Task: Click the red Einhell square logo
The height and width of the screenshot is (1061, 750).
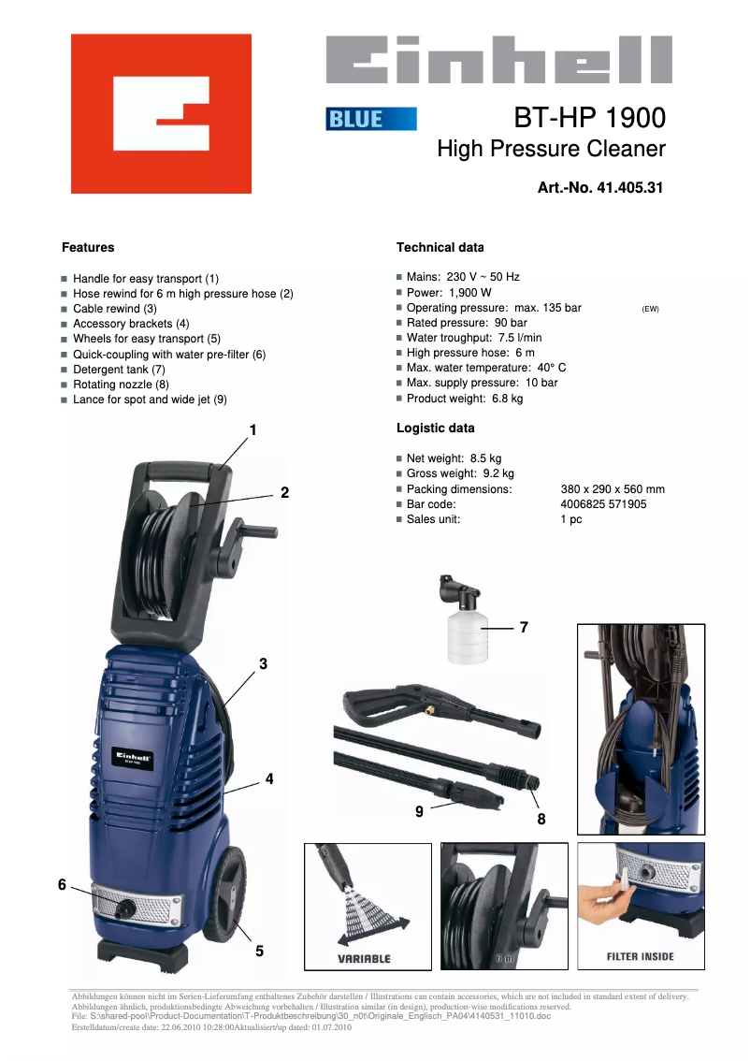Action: [161, 114]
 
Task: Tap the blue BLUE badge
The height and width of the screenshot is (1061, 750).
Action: [371, 119]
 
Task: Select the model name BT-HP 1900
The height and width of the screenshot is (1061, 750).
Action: [590, 118]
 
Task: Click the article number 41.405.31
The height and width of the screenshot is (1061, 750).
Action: [630, 187]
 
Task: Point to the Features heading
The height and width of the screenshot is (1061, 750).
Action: [88, 248]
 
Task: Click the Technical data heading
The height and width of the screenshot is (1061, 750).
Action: [440, 248]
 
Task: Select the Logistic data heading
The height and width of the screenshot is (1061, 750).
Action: [436, 429]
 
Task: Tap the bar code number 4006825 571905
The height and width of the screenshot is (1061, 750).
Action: [603, 504]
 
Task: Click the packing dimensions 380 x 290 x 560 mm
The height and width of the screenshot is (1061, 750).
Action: [613, 489]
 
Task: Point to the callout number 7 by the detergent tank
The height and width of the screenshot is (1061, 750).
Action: [524, 627]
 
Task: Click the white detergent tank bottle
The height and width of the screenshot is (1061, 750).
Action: [467, 637]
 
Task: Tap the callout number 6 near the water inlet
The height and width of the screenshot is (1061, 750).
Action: [63, 884]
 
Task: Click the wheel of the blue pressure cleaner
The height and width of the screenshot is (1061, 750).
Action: [224, 894]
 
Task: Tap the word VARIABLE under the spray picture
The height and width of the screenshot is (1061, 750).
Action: [365, 958]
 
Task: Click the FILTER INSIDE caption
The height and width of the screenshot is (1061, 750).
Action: [641, 957]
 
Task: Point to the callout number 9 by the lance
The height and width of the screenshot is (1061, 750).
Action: [419, 811]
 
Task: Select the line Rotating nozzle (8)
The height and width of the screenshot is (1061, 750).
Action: [121, 385]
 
